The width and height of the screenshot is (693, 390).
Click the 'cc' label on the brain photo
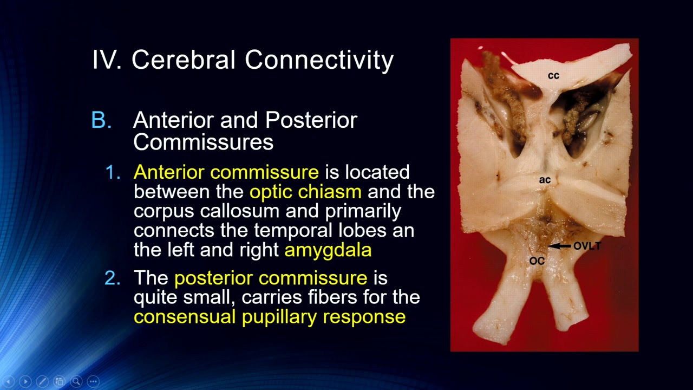click(553, 76)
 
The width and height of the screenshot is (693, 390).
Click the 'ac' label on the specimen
click(545, 180)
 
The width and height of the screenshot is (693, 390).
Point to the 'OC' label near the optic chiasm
click(537, 261)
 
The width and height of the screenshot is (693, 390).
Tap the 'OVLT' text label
click(587, 246)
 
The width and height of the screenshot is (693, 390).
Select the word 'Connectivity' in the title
click(319, 60)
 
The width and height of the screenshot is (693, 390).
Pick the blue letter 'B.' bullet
click(102, 120)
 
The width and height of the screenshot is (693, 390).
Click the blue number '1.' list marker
click(114, 172)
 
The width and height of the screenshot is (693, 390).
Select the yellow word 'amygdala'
click(328, 250)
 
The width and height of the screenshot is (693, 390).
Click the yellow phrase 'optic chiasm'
click(305, 192)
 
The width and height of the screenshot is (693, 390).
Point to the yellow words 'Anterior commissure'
click(226, 172)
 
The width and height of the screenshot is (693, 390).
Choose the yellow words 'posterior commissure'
click(270, 278)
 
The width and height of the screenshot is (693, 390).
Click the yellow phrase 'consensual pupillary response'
click(269, 317)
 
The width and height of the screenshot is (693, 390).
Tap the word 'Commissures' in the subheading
click(203, 142)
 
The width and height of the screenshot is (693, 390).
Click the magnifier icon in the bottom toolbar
click(76, 381)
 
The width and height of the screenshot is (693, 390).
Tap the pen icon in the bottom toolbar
click(42, 381)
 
